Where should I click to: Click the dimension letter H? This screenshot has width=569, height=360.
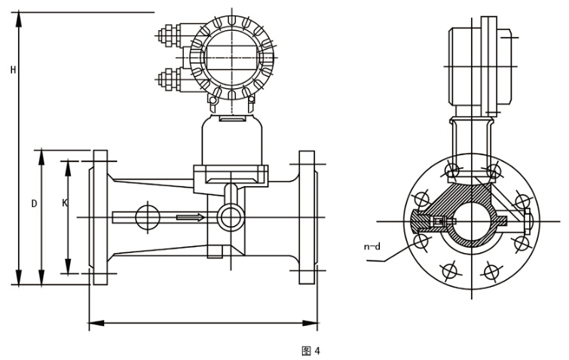(13, 70)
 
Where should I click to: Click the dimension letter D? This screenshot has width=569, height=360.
(34, 203)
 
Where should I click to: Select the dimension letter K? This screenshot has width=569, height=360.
(64, 203)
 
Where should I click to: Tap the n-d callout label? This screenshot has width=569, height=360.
(372, 246)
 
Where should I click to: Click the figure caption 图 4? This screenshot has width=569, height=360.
(311, 351)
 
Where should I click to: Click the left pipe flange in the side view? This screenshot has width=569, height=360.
(99, 218)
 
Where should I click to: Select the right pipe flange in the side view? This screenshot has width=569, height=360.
(307, 218)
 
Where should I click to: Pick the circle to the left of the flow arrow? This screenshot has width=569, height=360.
(148, 218)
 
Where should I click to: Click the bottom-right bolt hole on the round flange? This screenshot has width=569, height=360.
(491, 270)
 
